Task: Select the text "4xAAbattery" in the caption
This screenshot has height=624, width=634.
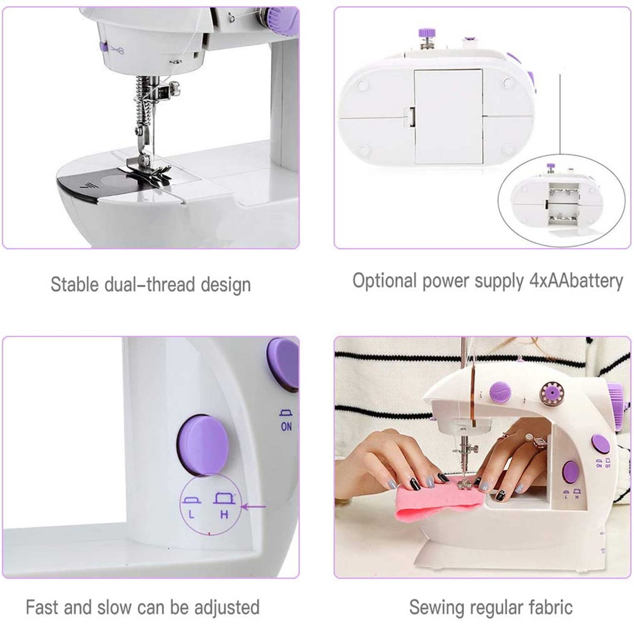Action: (x=576, y=281)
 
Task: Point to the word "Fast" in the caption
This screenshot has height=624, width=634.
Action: (x=42, y=607)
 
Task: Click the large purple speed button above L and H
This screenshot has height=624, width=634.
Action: (x=204, y=445)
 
